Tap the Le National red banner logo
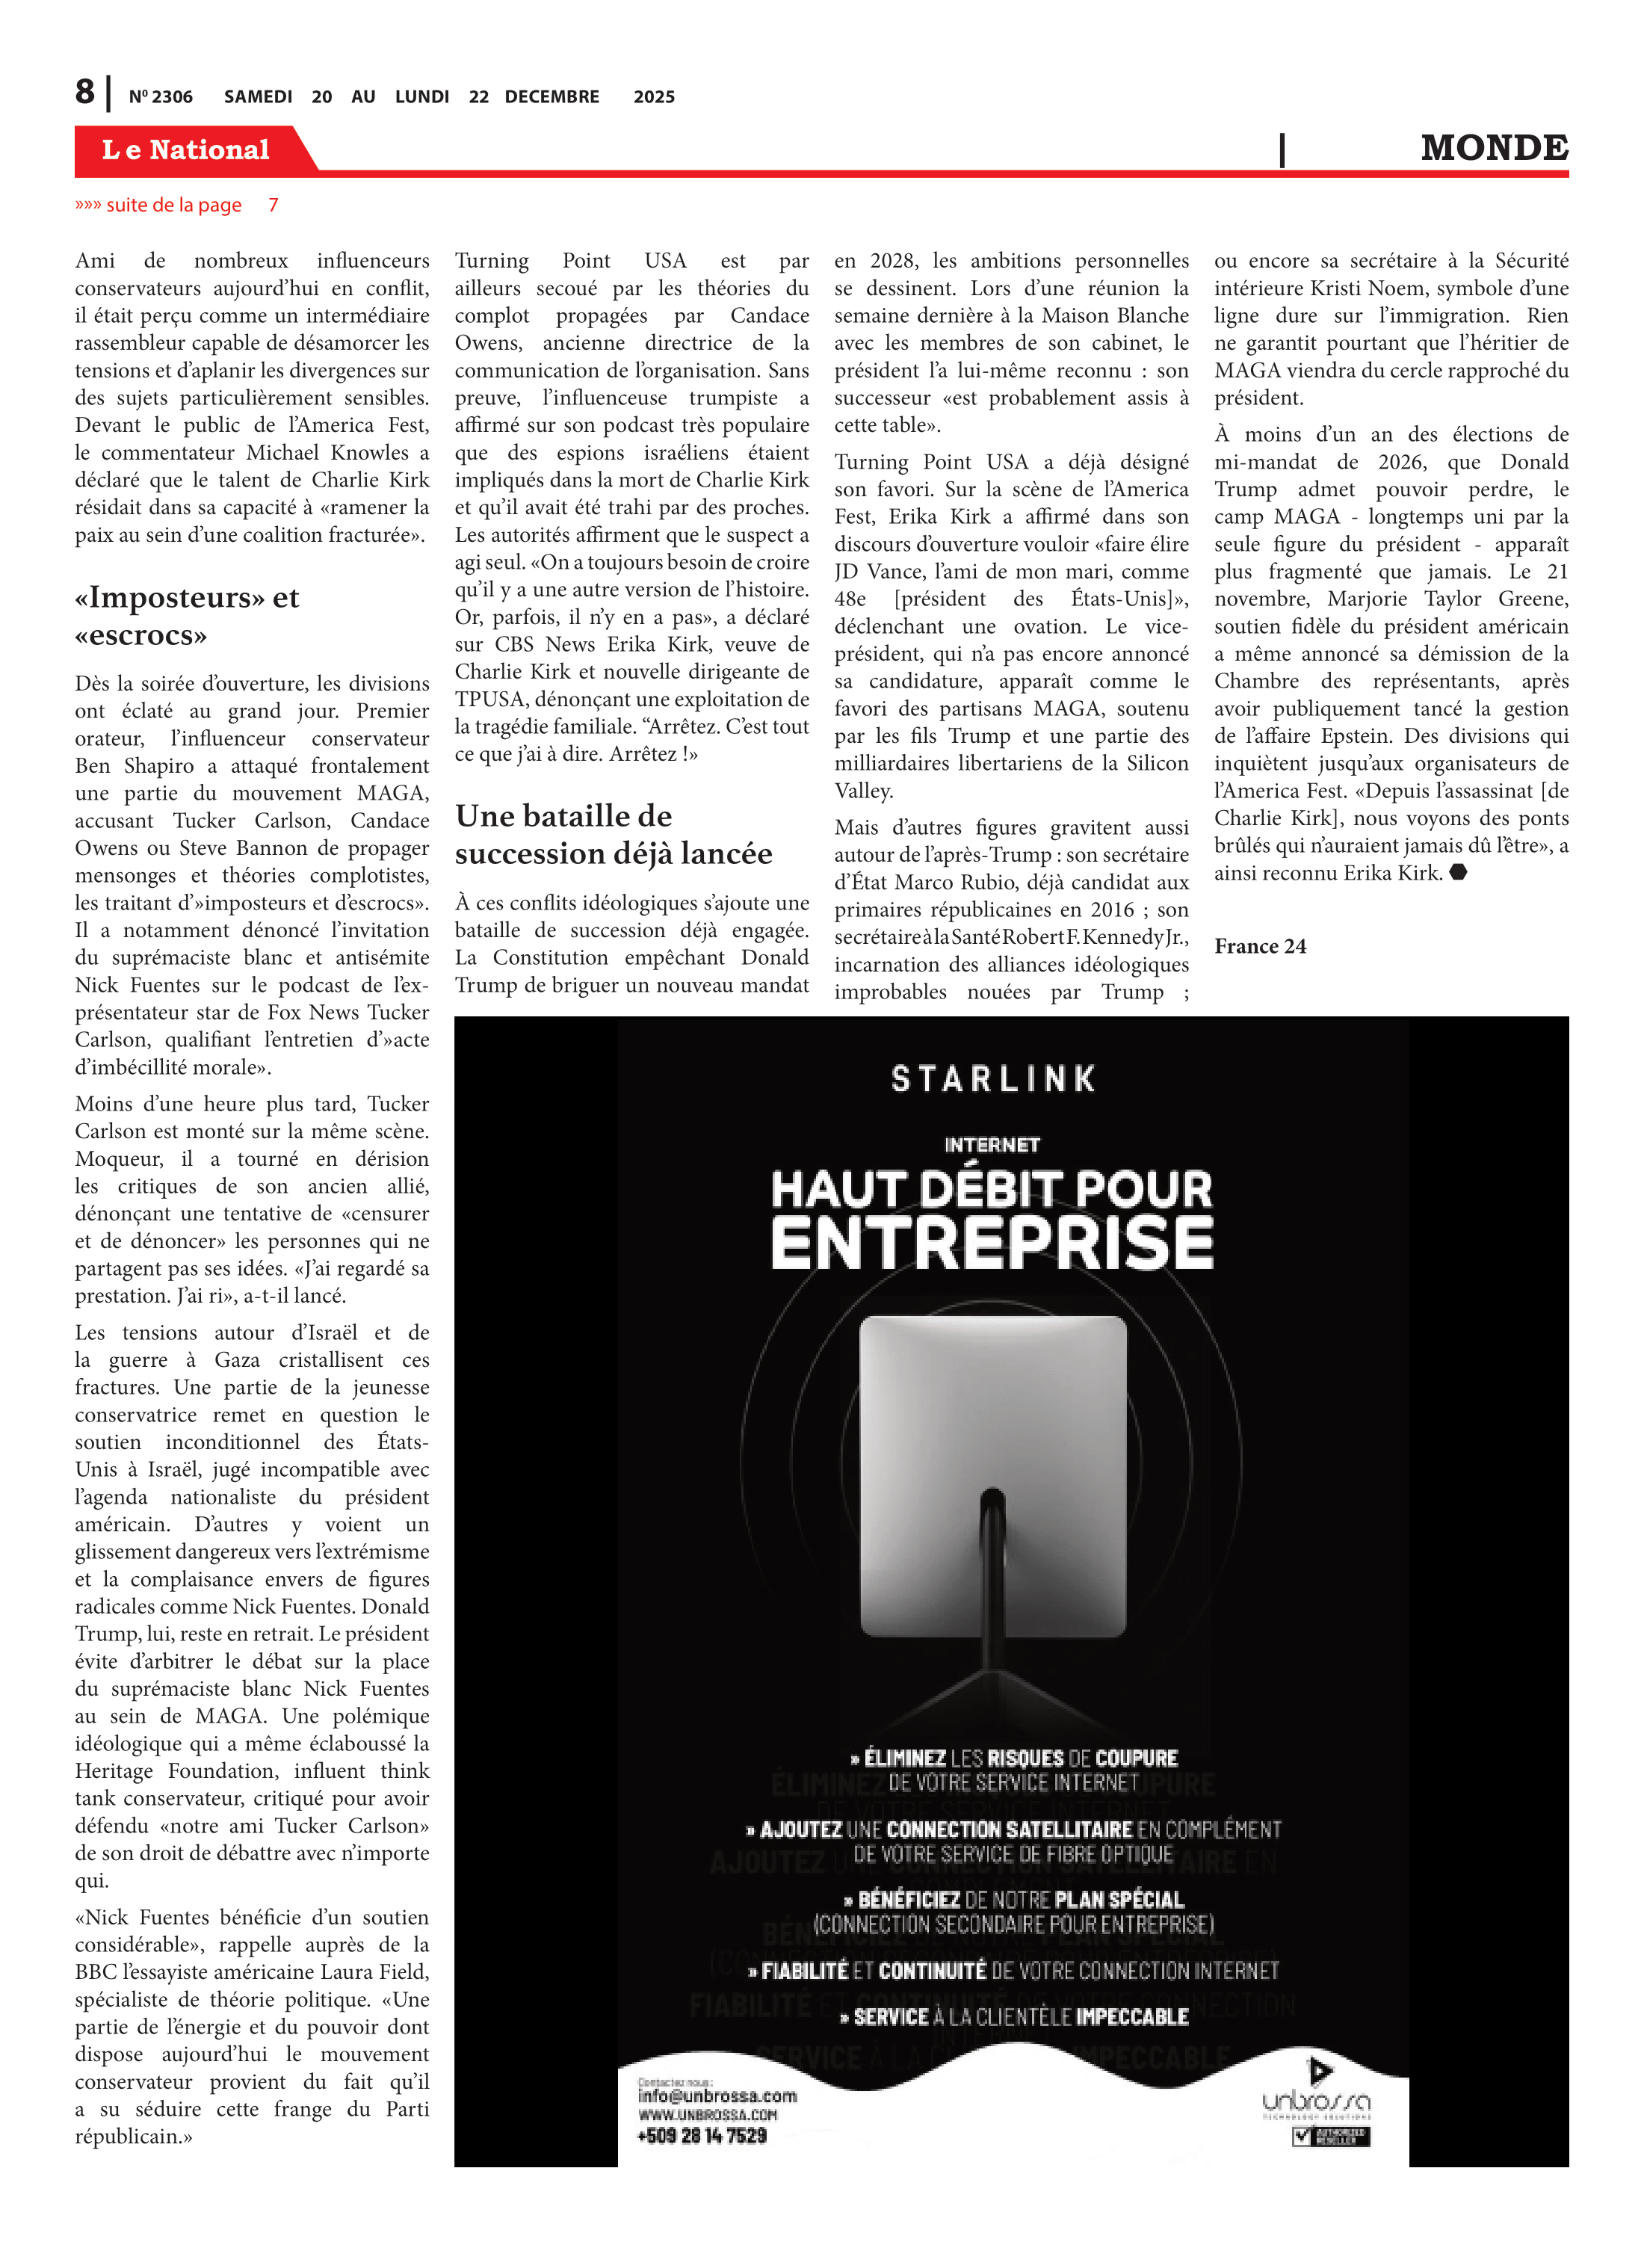point(186,149)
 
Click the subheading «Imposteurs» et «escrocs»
point(187,616)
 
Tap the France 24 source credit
point(1260,945)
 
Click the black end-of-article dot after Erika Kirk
point(1458,873)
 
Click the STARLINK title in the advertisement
point(993,1078)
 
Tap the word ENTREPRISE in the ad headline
point(992,1243)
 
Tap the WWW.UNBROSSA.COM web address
point(707,2115)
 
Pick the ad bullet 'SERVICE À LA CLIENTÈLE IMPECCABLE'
point(1014,2016)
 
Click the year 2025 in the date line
point(654,96)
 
